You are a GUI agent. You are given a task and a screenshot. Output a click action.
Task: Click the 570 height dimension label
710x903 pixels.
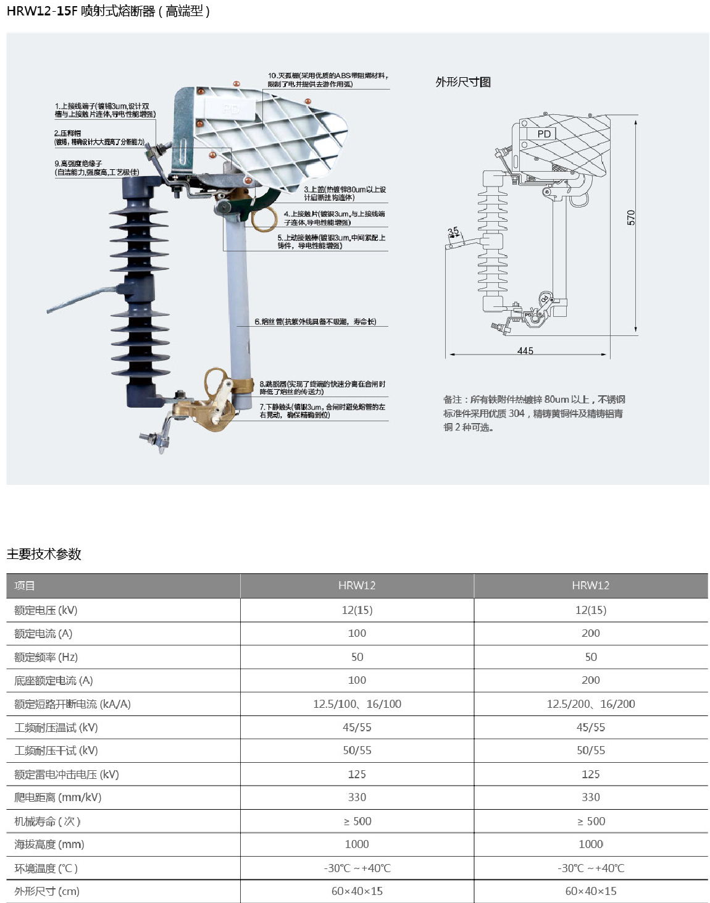(x=631, y=217)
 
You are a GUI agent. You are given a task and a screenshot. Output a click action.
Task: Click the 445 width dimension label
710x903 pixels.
(x=525, y=350)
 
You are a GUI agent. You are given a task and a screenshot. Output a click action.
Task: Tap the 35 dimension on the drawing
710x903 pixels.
(x=453, y=232)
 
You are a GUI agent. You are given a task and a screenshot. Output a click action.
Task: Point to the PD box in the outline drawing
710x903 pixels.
(x=544, y=134)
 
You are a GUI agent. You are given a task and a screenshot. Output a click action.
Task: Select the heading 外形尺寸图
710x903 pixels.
(x=463, y=82)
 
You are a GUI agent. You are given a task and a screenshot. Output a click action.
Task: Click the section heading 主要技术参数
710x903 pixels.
(x=44, y=554)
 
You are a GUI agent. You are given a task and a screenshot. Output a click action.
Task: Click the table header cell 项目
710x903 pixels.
(x=25, y=586)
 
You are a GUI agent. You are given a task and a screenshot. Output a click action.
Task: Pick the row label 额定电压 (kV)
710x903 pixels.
(x=46, y=610)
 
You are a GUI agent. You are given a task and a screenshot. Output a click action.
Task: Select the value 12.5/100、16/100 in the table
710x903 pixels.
(x=357, y=703)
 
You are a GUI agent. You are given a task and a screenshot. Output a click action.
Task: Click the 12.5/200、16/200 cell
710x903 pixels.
(x=590, y=703)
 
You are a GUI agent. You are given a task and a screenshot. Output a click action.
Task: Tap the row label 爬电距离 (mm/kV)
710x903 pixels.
(x=58, y=797)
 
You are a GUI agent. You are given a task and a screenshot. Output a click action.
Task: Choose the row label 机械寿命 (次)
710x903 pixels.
(x=48, y=821)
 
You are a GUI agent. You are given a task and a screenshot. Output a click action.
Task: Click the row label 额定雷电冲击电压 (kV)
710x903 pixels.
(x=67, y=774)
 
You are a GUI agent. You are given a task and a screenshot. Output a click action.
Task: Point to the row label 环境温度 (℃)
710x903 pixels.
(x=46, y=868)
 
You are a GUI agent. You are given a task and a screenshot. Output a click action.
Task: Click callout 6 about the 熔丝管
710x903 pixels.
(x=315, y=322)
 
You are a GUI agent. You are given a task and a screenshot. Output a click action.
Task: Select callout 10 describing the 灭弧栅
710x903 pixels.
(x=328, y=80)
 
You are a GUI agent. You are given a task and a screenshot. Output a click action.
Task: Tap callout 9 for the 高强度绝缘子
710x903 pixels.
(x=97, y=168)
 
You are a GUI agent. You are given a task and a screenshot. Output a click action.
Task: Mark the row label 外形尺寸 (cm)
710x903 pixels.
(x=47, y=891)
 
